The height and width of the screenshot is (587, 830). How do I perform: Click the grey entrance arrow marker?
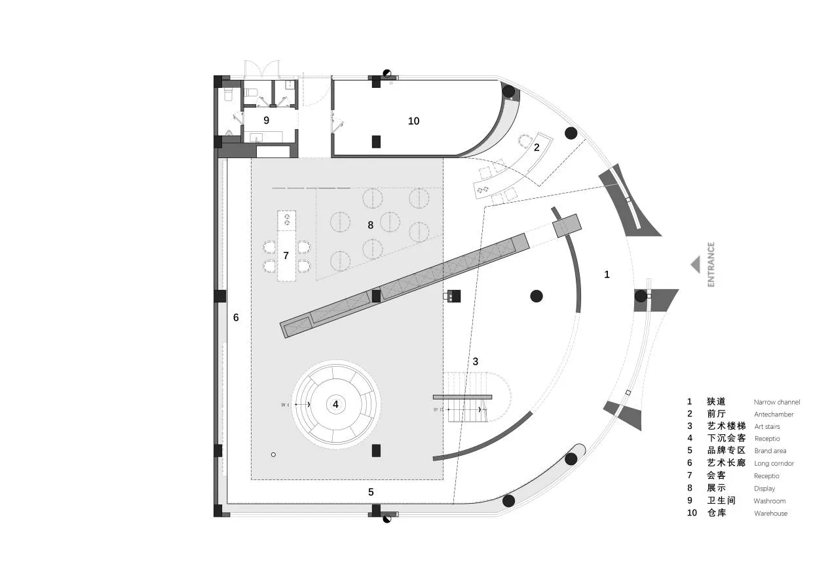tap(695, 264)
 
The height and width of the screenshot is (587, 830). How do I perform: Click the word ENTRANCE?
tap(711, 264)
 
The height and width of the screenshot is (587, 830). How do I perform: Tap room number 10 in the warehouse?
tap(413, 121)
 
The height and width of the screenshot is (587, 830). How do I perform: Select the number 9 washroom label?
tap(266, 120)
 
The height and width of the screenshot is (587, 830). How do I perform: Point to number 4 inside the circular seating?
tap(335, 404)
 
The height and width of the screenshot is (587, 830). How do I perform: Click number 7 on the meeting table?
tap(286, 255)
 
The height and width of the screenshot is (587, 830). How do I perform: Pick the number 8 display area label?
tap(370, 224)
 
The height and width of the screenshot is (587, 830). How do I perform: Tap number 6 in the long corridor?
tap(236, 317)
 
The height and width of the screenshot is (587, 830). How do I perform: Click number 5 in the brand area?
tap(370, 491)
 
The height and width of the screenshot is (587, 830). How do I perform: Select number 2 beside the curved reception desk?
tap(536, 148)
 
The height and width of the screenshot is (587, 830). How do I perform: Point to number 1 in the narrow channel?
tap(607, 275)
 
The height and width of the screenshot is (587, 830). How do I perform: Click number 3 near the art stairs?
tap(476, 361)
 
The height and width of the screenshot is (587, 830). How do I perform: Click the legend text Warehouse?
tap(770, 514)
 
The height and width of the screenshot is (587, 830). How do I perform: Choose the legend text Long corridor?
tap(774, 464)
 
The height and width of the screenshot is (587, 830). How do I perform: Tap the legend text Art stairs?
tap(766, 427)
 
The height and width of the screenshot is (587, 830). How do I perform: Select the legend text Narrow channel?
tap(776, 402)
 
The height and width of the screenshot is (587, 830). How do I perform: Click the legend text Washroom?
tap(769, 501)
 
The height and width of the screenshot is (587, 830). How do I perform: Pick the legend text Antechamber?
tap(773, 415)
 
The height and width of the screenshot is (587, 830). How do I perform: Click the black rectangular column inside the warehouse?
tap(376, 141)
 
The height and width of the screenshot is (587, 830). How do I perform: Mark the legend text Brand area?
tap(770, 451)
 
